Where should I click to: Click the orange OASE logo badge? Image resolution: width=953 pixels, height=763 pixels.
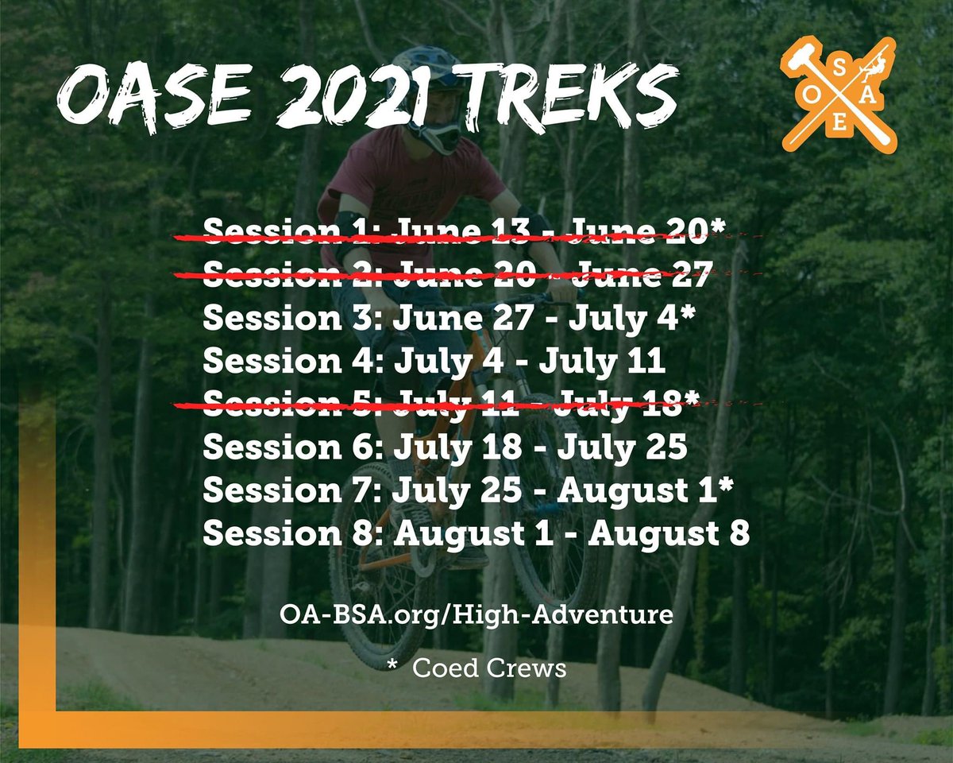pyautogui.click(x=839, y=95)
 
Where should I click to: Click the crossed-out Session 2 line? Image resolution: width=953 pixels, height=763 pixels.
pyautogui.click(x=457, y=275)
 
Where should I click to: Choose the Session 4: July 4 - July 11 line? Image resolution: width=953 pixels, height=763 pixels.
pyautogui.click(x=434, y=362)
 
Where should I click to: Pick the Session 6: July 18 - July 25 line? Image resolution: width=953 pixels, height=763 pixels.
pyautogui.click(x=445, y=448)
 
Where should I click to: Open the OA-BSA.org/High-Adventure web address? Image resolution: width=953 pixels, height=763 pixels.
pyautogui.click(x=476, y=614)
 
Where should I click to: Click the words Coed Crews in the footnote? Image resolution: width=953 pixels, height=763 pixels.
pyautogui.click(x=489, y=668)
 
